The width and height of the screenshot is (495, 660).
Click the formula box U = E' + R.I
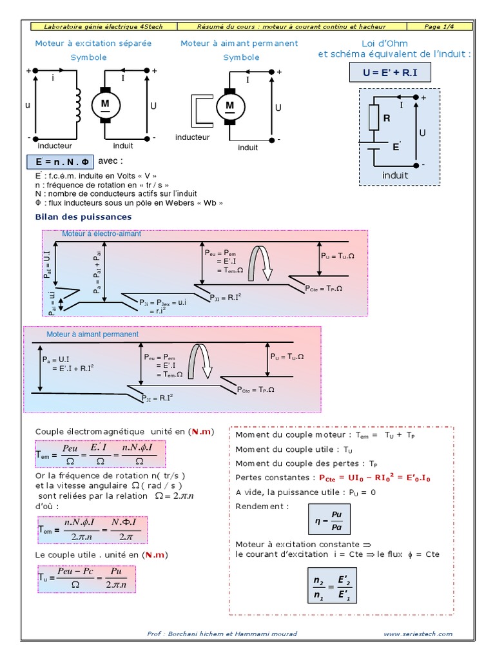pos(389,73)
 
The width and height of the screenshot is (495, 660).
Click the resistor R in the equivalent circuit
pos(374,118)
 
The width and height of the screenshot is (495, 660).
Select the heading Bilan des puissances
pos(83,217)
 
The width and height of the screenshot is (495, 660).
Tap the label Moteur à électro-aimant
pos(101,234)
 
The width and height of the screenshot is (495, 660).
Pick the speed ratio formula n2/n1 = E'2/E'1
pos(331,585)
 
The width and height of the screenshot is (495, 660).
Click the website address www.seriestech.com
pos(418,634)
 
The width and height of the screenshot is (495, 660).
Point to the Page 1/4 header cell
pos(442,26)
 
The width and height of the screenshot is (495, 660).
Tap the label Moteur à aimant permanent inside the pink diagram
pos(92,335)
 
